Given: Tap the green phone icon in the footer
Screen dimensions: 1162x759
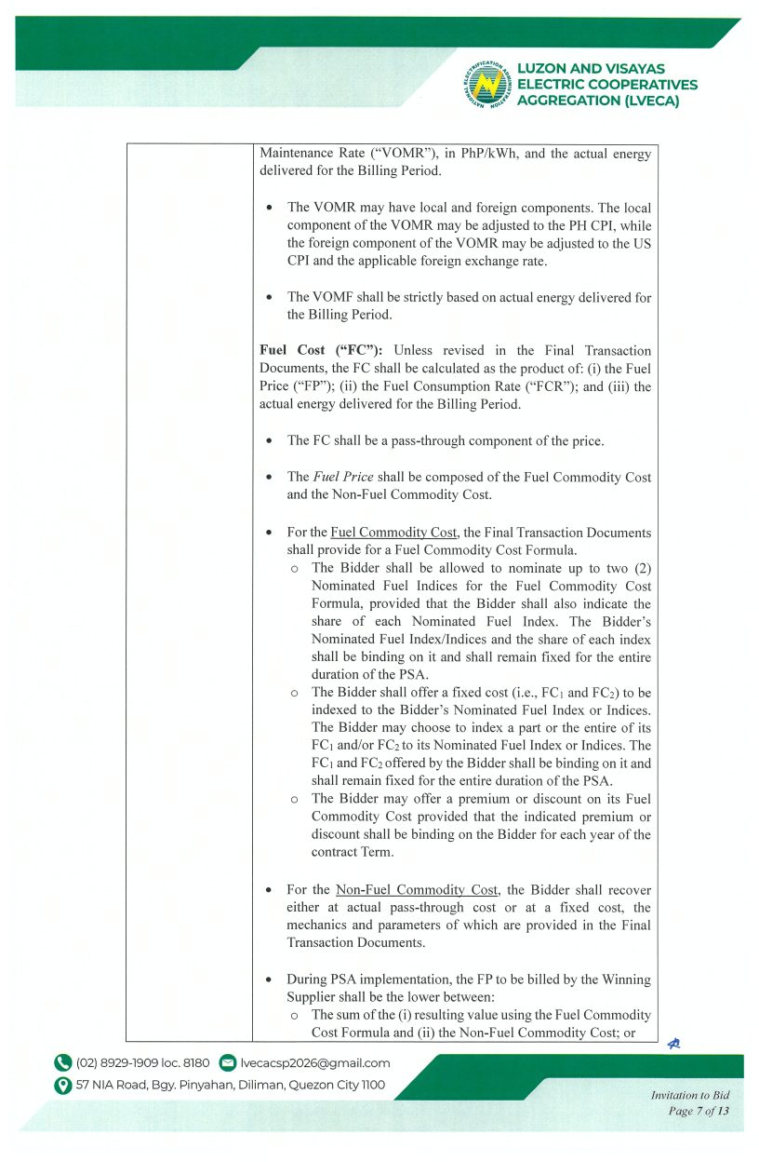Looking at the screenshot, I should click(x=63, y=1062).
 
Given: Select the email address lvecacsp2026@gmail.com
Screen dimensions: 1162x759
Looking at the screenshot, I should click(x=315, y=1062).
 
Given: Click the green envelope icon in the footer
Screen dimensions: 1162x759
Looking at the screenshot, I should click(x=227, y=1062).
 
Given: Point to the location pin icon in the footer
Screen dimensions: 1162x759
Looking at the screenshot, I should click(x=63, y=1085).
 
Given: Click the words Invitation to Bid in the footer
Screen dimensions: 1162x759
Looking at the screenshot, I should click(x=690, y=1096).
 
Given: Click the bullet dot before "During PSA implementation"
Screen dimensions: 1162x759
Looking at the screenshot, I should click(x=269, y=980).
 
